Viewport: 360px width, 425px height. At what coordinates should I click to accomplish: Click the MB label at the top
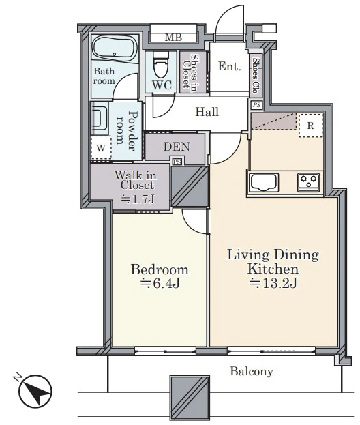coord(173,38)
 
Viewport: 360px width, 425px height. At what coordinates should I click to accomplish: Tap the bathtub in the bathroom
coord(115,49)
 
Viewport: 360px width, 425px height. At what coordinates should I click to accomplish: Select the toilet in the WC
coord(161,65)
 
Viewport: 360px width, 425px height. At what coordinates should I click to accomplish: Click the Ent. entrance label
coord(230,66)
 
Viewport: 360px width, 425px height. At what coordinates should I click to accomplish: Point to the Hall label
coord(207,112)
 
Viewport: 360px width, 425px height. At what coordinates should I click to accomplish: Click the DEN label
coord(177,147)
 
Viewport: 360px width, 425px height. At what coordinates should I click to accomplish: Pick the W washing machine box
coord(101,147)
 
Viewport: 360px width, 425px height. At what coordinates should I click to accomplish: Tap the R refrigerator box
coord(311,126)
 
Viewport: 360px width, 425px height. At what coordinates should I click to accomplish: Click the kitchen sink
coord(264,182)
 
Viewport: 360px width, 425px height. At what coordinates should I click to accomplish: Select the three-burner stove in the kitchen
coord(309,182)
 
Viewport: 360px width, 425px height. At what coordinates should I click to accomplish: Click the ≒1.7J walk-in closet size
coord(138,200)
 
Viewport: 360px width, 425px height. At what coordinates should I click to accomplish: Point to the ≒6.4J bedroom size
coord(160,283)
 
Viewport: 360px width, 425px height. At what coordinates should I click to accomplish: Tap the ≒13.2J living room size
coord(273,283)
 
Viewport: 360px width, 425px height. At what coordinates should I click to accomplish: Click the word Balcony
coord(252,371)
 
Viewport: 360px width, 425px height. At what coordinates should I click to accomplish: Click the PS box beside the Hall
coord(256,105)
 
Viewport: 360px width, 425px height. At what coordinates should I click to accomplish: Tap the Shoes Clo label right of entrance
coord(256,76)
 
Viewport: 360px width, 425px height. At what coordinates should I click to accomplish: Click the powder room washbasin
coord(99,119)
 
